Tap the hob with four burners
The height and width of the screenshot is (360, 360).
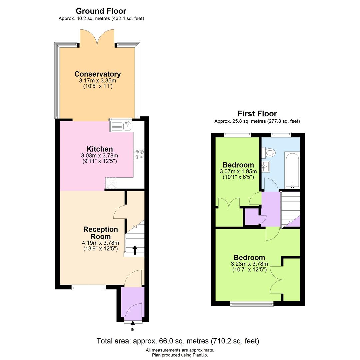coord(138,155)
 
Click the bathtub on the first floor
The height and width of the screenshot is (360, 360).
coord(292,170)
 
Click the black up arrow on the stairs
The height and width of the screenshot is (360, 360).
coord(135,250)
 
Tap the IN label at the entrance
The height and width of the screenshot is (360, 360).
coord(133,329)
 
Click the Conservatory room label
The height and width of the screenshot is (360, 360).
coord(97,74)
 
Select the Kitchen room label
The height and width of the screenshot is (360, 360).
coord(99,149)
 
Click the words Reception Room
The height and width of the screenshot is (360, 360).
coord(101,233)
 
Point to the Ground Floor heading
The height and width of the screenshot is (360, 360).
coord(101,11)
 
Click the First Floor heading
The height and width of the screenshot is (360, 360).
coord(257,114)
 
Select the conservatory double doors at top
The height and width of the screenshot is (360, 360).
coord(97,37)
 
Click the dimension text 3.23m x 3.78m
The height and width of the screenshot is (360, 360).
coord(249,264)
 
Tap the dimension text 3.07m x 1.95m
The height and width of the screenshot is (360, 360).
coord(238,171)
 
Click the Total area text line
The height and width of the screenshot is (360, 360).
coord(178,341)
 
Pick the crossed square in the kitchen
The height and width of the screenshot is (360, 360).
coord(111,183)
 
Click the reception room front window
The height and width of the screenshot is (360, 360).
coord(89,287)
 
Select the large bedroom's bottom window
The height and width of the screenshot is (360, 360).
coord(252,303)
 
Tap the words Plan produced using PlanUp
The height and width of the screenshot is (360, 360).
coord(180,355)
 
